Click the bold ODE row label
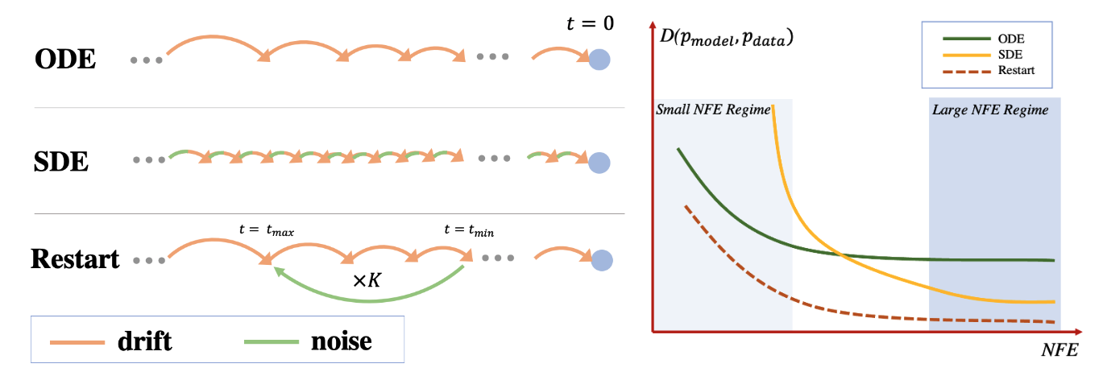coord(65,60)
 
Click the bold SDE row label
coord(61,162)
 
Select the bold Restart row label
coord(75,259)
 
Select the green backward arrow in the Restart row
coord(370,300)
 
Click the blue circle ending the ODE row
coord(599,60)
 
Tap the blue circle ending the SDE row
coord(599,163)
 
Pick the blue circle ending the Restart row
coord(601,261)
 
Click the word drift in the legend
coord(144,341)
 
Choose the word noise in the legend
coord(342,341)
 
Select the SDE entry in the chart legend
coord(1010,53)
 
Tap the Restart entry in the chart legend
coord(1016,70)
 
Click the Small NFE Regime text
coord(713,110)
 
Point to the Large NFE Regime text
coord(990,110)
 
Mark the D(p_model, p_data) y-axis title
coord(724,38)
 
